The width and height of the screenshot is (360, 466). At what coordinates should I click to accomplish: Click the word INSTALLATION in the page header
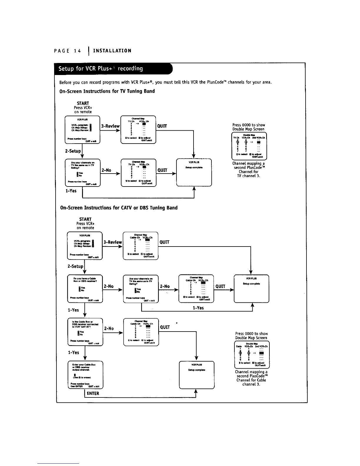pyautogui.click(x=112, y=51)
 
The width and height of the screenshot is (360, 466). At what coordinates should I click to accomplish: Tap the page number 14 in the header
pyautogui.click(x=77, y=51)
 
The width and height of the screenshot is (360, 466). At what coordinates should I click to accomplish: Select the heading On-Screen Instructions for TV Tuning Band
pyautogui.click(x=107, y=91)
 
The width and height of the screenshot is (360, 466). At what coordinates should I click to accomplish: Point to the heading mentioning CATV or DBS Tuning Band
pyautogui.click(x=119, y=208)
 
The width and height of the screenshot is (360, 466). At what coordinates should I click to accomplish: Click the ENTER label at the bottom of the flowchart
pyautogui.click(x=93, y=393)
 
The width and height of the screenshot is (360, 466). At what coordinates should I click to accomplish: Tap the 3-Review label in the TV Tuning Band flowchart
pyautogui.click(x=110, y=126)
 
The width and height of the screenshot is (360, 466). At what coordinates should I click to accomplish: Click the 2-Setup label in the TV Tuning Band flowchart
pyautogui.click(x=73, y=151)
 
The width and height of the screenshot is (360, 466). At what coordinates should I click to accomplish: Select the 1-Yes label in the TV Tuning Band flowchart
pyautogui.click(x=71, y=191)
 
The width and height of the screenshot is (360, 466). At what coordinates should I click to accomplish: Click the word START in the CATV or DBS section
pyautogui.click(x=85, y=219)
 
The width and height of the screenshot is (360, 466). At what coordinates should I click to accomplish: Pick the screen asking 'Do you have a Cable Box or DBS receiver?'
pyautogui.click(x=85, y=289)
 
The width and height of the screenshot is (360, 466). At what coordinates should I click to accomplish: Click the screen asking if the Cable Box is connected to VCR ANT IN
pyautogui.click(x=85, y=332)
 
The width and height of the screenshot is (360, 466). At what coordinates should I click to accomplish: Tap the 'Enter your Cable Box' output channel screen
pyautogui.click(x=85, y=375)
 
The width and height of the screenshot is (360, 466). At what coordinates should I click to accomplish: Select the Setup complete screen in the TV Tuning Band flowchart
pyautogui.click(x=194, y=172)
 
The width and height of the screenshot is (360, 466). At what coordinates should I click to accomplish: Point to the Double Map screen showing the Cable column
pyautogui.click(x=252, y=355)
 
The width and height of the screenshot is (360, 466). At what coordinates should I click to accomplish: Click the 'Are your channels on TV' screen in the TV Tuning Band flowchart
pyautogui.click(x=82, y=172)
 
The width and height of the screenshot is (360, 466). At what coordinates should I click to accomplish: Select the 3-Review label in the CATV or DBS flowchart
pyautogui.click(x=113, y=242)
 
